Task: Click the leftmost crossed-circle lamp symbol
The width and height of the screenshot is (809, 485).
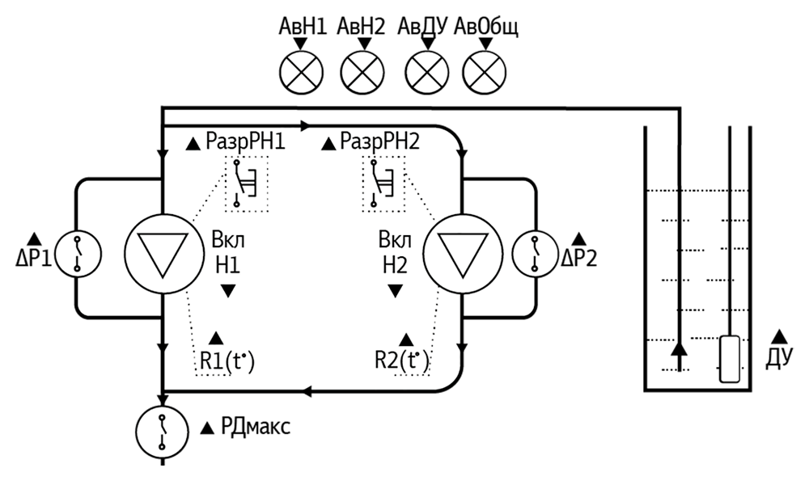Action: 301,74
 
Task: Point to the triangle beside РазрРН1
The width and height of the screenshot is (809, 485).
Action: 193,145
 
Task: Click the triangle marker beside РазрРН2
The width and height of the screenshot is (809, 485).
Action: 328,145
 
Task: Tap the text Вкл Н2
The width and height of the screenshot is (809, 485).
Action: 395,253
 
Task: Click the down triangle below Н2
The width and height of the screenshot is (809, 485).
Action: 395,291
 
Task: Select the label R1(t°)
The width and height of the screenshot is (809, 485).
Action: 227,361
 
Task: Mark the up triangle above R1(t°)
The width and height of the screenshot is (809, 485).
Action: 216,339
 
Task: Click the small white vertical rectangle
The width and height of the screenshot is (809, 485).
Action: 730,359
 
